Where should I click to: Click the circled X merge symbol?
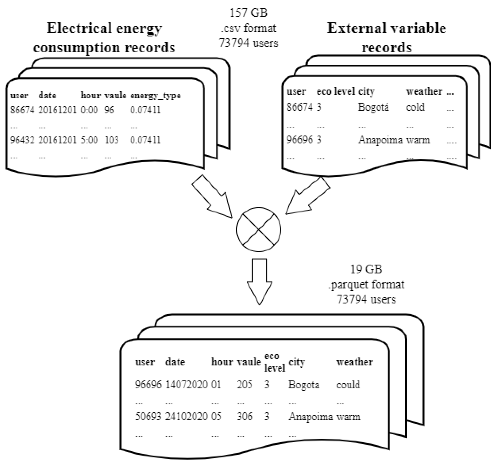coord(258,229)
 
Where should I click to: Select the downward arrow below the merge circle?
coord(260,281)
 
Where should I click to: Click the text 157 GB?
coord(249,13)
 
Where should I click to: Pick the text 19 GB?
coord(366,269)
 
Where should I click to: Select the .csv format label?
coord(249,28)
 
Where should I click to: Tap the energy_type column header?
coord(155,95)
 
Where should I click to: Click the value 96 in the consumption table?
coord(109,110)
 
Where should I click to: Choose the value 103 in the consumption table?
coord(112,140)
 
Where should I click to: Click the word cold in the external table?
coord(415,107)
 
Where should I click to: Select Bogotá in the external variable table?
coord(374,107)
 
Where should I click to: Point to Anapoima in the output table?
coord(311,416)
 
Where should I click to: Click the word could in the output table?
coord(348,385)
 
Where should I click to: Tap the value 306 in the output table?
coord(245,416)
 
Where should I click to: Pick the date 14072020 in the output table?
coord(186,385)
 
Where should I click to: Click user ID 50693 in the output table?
coord(148,416)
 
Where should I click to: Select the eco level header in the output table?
coord(274,362)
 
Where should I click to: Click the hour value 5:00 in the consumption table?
coord(89,140)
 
